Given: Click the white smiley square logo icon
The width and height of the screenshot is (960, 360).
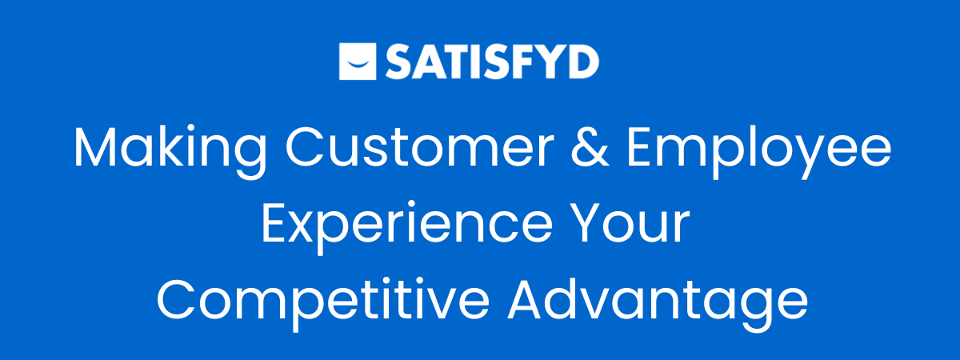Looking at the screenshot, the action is [358, 62].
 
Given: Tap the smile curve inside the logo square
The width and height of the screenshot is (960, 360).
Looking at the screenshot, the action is [358, 65].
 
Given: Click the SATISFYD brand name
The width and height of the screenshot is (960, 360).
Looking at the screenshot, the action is [492, 62].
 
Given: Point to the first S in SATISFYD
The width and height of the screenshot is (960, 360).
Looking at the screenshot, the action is [399, 62].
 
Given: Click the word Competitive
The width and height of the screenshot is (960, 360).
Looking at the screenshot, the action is [323, 303].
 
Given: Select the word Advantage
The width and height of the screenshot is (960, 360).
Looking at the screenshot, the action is [658, 303].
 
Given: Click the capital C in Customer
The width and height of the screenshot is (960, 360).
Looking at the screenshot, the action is [304, 146].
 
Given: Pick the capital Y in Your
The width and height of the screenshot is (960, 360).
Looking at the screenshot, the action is [589, 223].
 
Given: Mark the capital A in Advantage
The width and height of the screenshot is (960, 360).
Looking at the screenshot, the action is [526, 300].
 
